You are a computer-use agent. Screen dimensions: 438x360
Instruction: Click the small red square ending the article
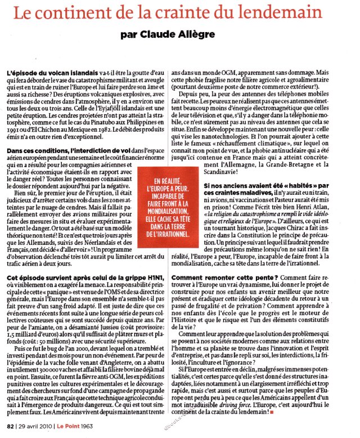coord(272,414)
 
